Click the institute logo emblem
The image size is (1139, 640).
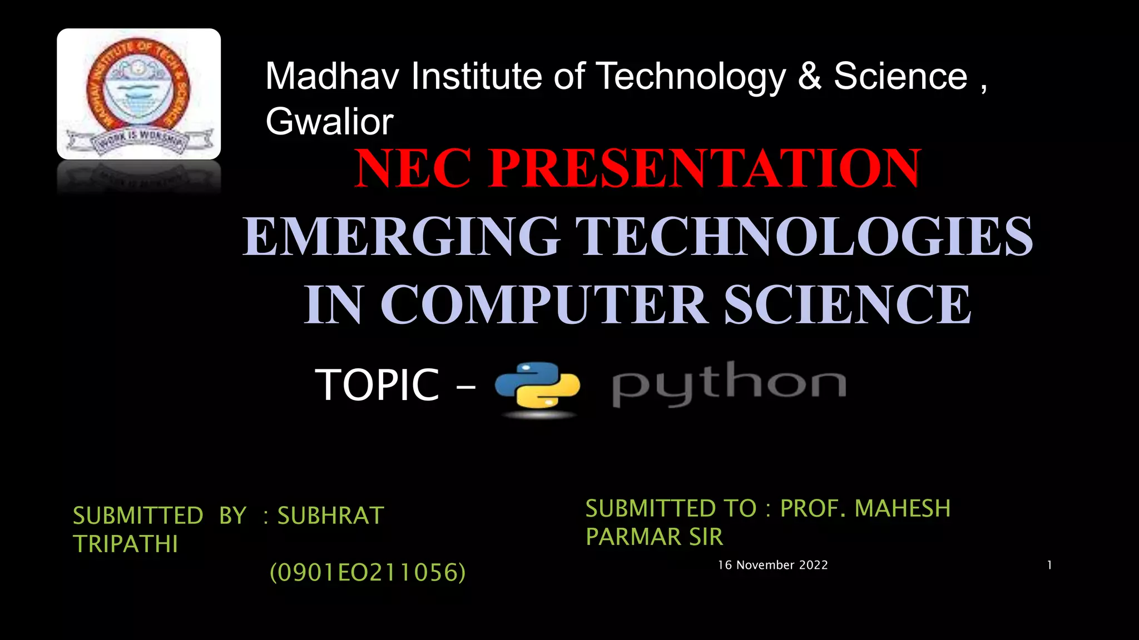click(x=138, y=93)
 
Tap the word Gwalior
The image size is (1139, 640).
click(x=329, y=122)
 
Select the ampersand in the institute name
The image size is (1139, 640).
click(x=809, y=76)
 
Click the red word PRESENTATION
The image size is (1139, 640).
click(x=705, y=168)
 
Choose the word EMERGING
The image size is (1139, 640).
click(x=400, y=237)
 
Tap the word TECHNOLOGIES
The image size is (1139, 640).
click(x=804, y=237)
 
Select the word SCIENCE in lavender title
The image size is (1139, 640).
click(x=848, y=304)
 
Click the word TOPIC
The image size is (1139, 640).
click(x=377, y=384)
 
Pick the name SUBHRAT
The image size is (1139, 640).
click(x=330, y=516)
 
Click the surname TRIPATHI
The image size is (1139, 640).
click(x=126, y=544)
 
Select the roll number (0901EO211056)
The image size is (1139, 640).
click(x=367, y=572)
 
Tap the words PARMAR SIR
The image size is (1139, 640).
click(x=654, y=537)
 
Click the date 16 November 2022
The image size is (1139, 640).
click(x=772, y=565)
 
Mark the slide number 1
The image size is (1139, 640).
click(x=1049, y=565)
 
